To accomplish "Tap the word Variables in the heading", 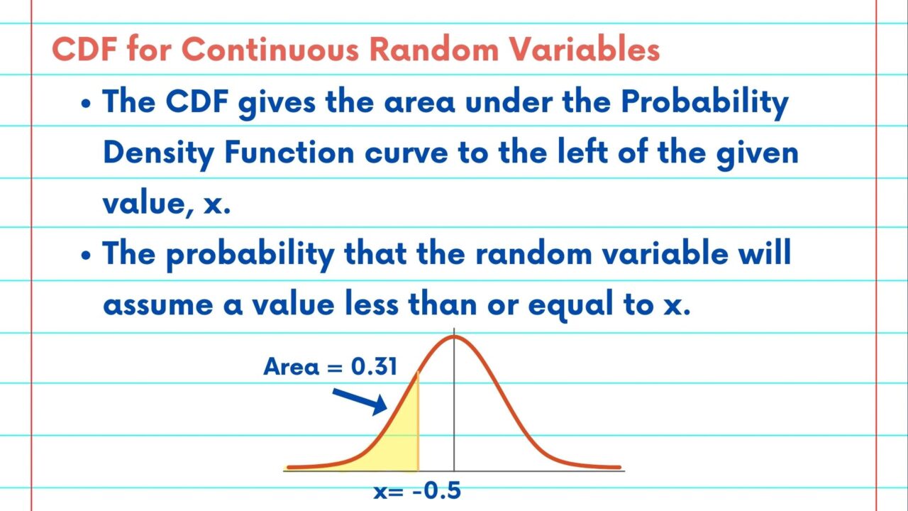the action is click(584, 50).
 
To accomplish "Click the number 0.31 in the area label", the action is click(374, 367).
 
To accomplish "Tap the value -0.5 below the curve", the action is click(436, 490).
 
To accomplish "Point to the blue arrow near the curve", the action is click(360, 402).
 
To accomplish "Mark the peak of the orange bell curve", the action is click(454, 336).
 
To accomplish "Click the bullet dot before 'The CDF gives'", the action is click(86, 104).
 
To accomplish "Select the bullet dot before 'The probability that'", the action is click(86, 255).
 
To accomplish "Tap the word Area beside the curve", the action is click(291, 367).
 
